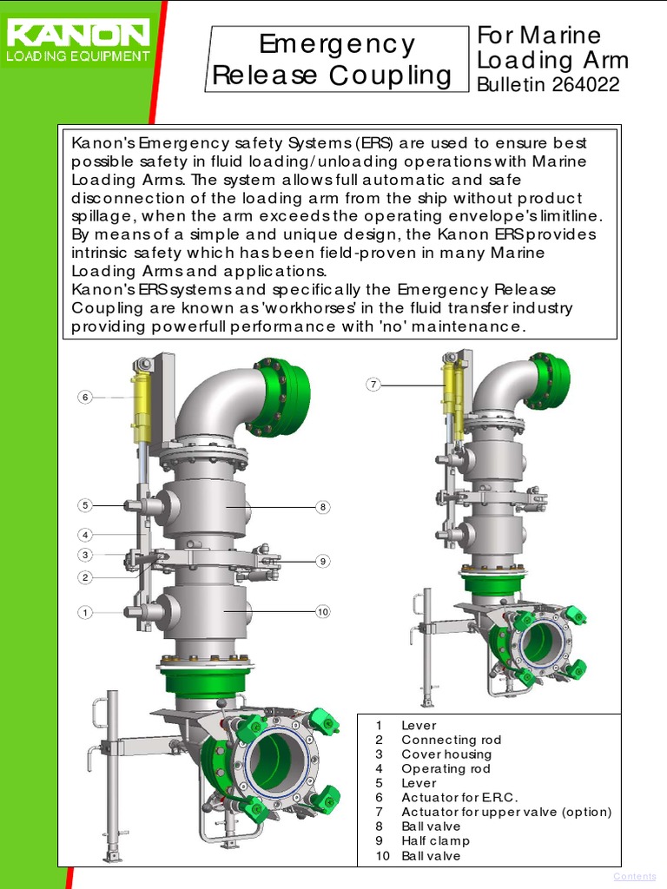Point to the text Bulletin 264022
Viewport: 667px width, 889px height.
(548, 85)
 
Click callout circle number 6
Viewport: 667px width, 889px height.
(85, 398)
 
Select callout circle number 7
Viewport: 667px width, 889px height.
(373, 385)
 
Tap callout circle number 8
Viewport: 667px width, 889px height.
(322, 507)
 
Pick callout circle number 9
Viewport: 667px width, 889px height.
(322, 561)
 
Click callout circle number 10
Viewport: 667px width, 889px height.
(322, 612)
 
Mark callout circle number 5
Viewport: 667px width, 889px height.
(85, 505)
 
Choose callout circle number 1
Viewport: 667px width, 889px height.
(85, 613)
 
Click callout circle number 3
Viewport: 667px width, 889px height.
(85, 556)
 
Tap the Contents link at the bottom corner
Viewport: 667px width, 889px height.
(634, 877)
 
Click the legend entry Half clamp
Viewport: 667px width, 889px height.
(435, 840)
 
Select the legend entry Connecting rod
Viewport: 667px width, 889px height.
(451, 740)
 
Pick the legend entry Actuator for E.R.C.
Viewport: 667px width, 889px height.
(459, 797)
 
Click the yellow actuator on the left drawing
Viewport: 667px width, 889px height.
(141, 408)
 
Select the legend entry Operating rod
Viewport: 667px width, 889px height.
(446, 768)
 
